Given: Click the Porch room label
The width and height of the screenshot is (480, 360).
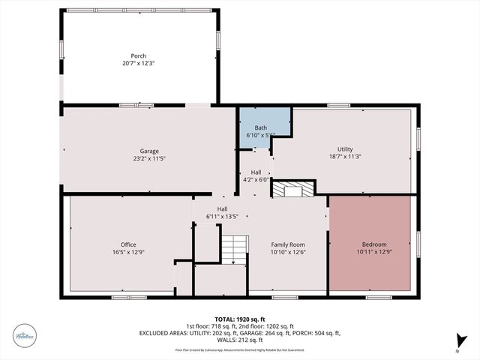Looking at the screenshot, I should (x=139, y=55).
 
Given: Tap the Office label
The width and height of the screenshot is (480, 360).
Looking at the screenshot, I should (x=128, y=244).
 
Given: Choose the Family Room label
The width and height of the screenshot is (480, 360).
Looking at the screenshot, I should (x=287, y=244).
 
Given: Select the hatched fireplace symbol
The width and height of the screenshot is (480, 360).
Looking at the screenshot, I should (x=289, y=190).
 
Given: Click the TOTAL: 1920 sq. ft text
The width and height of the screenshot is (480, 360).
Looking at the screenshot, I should (x=239, y=318).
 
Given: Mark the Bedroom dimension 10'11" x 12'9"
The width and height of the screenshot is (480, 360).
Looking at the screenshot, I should (x=374, y=252).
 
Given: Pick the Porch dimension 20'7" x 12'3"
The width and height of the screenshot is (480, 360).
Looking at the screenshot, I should (x=139, y=63).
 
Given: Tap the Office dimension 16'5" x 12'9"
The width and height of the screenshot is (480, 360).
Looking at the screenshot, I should (x=128, y=252).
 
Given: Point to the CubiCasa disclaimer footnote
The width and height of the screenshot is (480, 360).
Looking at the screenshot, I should (x=239, y=349).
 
